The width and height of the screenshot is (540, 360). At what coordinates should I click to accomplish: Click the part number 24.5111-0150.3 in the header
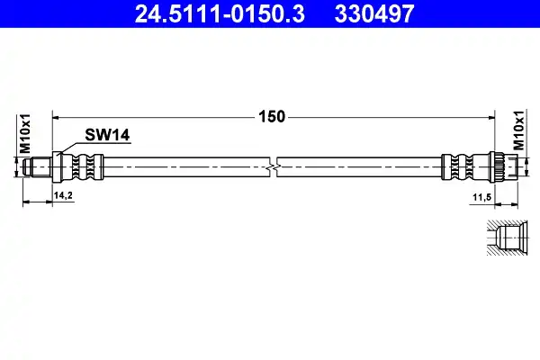(220, 14)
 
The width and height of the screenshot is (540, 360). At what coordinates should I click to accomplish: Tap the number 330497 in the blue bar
(374, 14)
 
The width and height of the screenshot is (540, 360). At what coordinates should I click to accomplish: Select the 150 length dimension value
(272, 117)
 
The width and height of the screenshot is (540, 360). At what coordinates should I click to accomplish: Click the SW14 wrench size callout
(107, 135)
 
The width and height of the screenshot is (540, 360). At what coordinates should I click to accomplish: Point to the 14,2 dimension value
(63, 195)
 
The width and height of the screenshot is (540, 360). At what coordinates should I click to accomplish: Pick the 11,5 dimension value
(481, 197)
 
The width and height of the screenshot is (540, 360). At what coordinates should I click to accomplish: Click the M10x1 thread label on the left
(25, 134)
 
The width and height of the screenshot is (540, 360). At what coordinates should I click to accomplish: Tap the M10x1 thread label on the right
(518, 130)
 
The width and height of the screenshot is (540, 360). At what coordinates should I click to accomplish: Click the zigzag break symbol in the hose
(273, 167)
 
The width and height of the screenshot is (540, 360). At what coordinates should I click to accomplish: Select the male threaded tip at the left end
(38, 167)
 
